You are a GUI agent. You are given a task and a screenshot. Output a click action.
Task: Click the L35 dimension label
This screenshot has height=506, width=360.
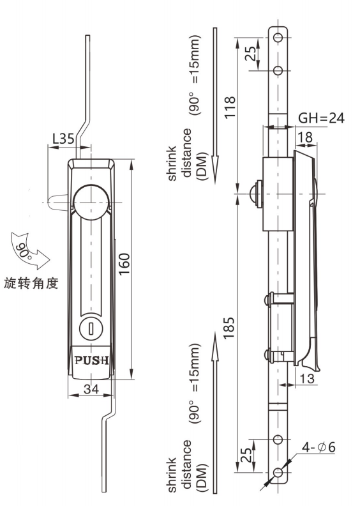[62, 137]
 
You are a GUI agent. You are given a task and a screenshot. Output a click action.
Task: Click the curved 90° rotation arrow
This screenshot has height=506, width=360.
[29, 251]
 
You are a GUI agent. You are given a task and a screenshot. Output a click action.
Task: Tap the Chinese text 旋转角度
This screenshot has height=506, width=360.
[31, 283]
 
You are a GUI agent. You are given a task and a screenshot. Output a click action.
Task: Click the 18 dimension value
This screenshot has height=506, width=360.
[305, 136]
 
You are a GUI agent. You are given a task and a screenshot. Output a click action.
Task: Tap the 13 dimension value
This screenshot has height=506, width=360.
[306, 379]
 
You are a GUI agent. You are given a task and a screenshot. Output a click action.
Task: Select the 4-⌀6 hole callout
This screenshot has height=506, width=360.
[317, 448]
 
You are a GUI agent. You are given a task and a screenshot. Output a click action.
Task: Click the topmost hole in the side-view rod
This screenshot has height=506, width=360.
[278, 36]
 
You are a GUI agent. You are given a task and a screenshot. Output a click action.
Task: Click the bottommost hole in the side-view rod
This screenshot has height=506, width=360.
[278, 473]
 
